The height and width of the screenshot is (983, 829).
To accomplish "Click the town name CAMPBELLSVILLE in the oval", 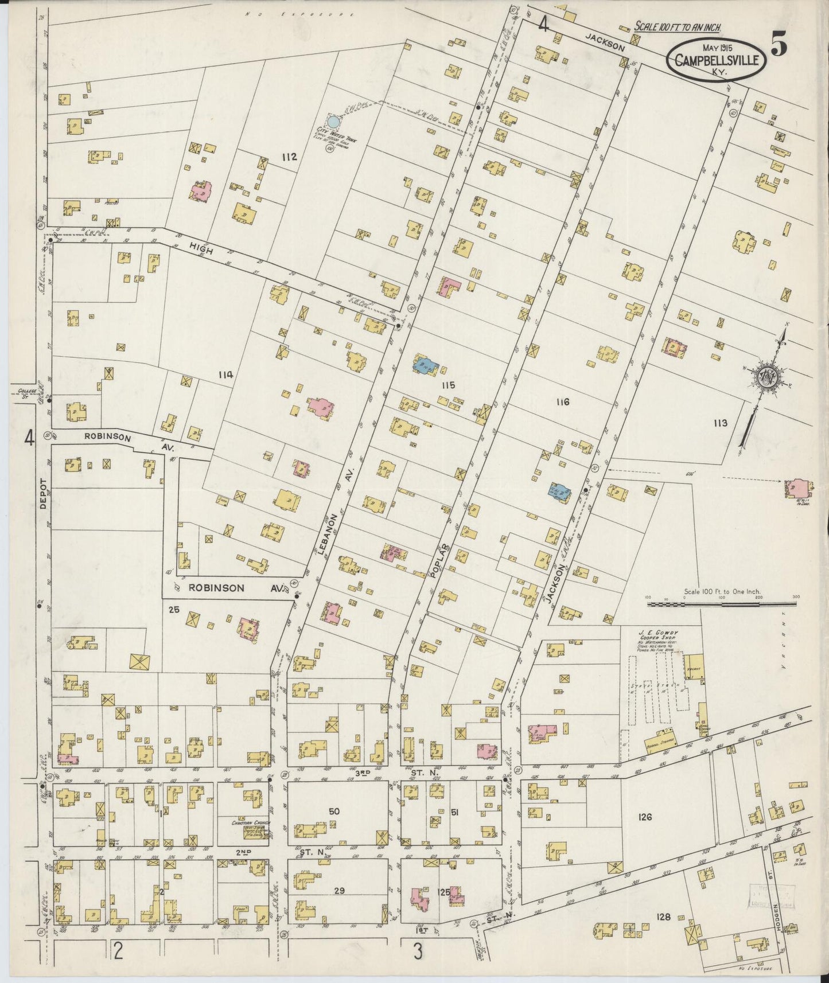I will pos(718,60).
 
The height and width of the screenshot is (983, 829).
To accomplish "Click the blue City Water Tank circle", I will pos(333,122).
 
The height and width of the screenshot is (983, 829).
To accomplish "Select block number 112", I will pos(289,157).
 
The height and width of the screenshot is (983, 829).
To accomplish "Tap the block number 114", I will pos(225,375).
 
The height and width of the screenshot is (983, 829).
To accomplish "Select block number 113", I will pos(720,423).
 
